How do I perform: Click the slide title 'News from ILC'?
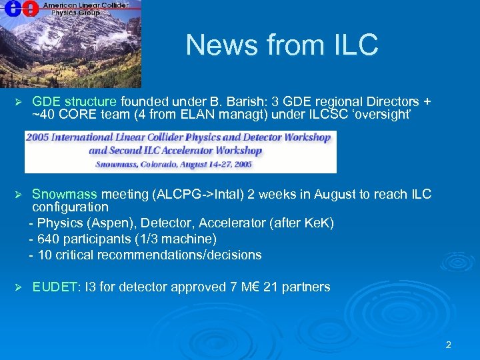point(281,45)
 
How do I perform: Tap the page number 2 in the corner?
point(448,345)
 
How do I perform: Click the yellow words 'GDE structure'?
point(74,102)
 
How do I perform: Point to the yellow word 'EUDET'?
point(55,287)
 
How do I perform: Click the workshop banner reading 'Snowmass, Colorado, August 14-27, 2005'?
point(179,163)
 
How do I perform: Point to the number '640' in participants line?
point(49,239)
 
